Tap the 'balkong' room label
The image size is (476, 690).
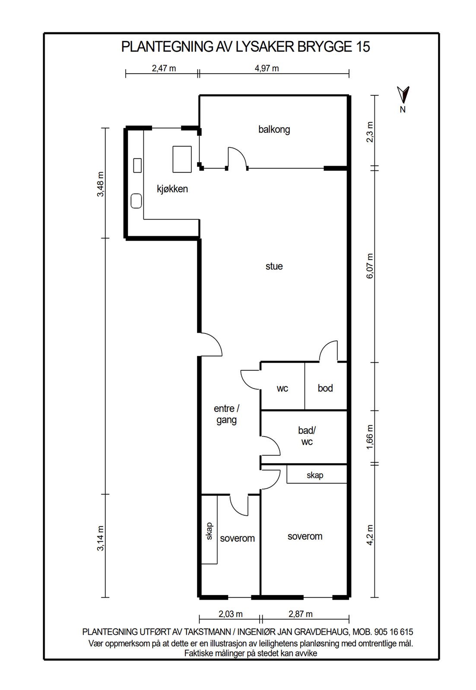point(274,129)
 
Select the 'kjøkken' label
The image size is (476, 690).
point(172,189)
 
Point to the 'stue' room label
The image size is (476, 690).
point(274,266)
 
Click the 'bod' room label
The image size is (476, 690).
point(325,388)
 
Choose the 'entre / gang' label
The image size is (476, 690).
point(226,414)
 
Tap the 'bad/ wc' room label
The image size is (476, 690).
point(307,436)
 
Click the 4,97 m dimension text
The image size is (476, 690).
point(267,69)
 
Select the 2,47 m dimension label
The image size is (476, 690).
point(164,69)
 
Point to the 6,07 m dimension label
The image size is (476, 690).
point(370,266)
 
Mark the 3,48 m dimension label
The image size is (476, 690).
point(101,184)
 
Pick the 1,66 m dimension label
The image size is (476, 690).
point(370,437)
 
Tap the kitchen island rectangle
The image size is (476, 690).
point(182,159)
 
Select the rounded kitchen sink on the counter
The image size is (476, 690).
point(136,201)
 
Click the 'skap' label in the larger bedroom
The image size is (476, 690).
point(314,475)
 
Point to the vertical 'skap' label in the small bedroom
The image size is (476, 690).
point(209,531)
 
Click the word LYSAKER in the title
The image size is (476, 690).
point(265,47)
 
